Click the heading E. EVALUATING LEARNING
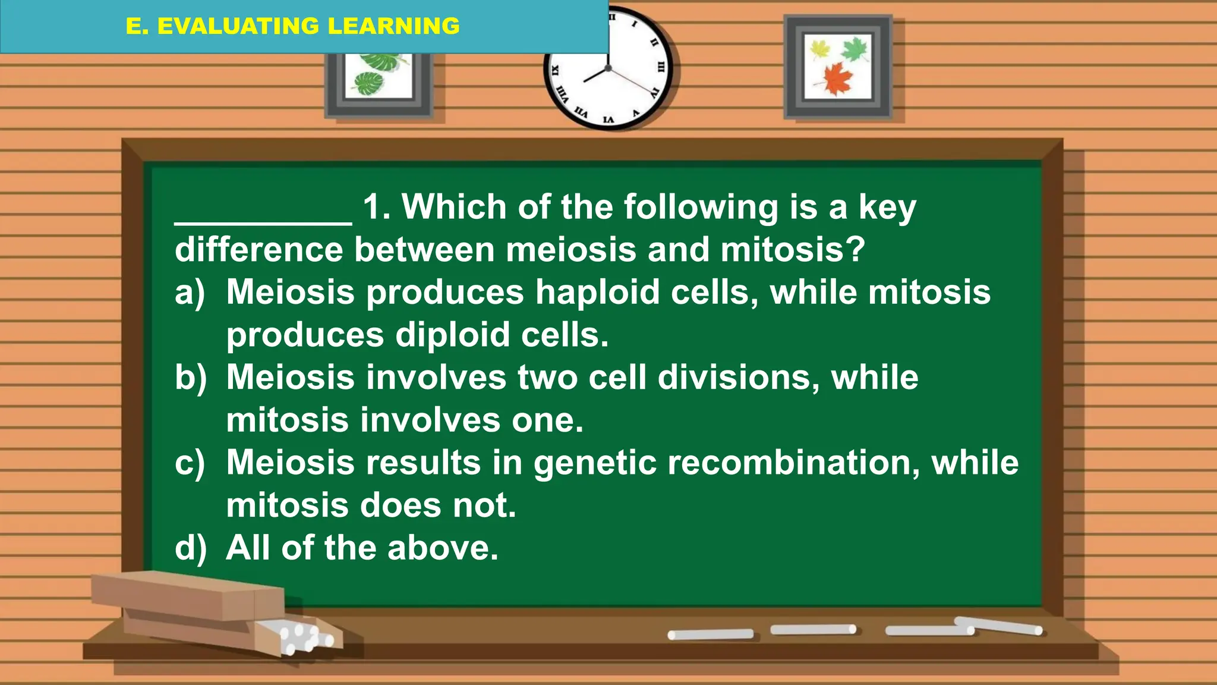click(x=292, y=26)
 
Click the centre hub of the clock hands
click(x=608, y=68)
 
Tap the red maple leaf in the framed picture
click(x=838, y=78)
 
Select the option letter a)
click(x=190, y=293)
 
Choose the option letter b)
click(x=190, y=378)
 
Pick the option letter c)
click(x=190, y=463)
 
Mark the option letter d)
click(x=190, y=548)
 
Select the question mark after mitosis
click(x=856, y=250)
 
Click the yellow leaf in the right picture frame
click(x=820, y=49)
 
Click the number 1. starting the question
click(x=376, y=208)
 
